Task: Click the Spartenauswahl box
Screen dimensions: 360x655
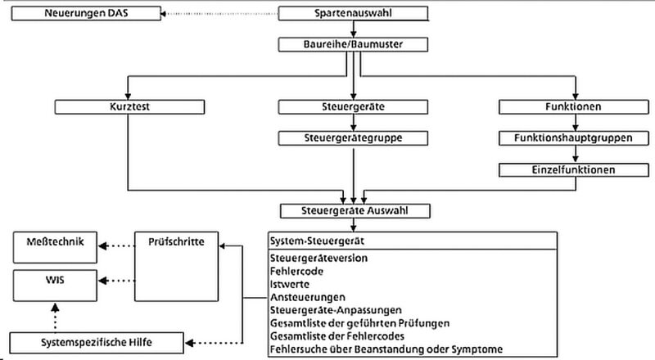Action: click(x=354, y=14)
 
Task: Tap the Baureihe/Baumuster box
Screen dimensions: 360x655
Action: click(x=354, y=45)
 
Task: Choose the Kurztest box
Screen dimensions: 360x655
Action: click(x=128, y=106)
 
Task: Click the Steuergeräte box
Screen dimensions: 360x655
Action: click(x=354, y=106)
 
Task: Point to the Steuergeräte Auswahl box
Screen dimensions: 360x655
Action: click(x=354, y=210)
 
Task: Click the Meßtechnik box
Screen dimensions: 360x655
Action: click(x=54, y=242)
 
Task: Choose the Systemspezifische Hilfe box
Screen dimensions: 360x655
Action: click(x=97, y=340)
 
